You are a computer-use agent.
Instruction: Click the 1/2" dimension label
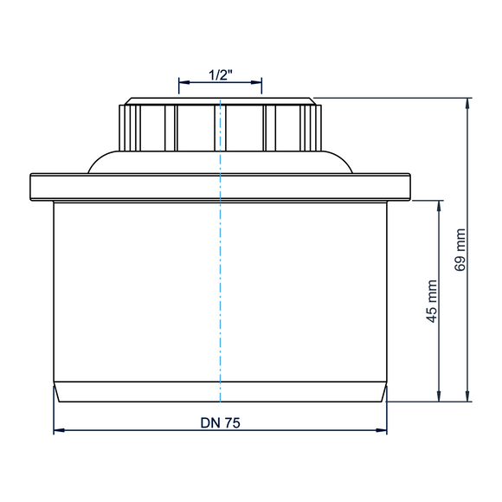[x=220, y=75]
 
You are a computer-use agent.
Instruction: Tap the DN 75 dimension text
[x=220, y=423]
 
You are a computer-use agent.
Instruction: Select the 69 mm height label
[x=460, y=250]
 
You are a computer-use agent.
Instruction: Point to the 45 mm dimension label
[x=432, y=301]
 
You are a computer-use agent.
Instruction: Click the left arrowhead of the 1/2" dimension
[x=184, y=82]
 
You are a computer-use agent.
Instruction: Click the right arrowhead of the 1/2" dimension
[x=256, y=82]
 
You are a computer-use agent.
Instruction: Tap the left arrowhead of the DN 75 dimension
[x=59, y=430]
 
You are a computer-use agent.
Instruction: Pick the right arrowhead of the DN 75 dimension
[x=382, y=430]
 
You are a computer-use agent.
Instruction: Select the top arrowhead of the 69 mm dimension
[x=467, y=104]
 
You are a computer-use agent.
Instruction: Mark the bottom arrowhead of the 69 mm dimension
[x=467, y=396]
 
